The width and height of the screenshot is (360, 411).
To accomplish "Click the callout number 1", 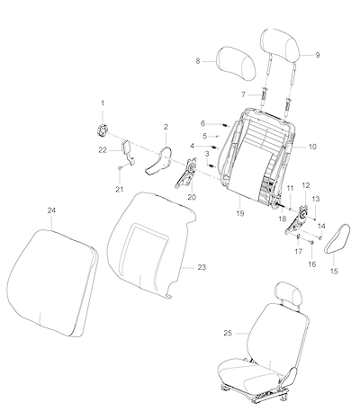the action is coord(103,103).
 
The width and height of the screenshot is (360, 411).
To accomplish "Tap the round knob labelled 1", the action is coord(103,130).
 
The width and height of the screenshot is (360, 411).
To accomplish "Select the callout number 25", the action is coord(228,333).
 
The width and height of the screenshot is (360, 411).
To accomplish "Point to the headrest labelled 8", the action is coord(236,64).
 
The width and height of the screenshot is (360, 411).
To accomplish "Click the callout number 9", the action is coord(318,55).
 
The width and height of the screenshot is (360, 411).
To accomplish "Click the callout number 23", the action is coord(202,267).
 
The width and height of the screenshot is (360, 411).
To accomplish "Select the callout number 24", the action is coord(51,210).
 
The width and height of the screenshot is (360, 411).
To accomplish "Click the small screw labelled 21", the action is coord(120,168).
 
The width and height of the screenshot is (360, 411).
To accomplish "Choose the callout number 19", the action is coord(240,213).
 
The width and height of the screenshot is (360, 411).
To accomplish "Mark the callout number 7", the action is coord(244,94).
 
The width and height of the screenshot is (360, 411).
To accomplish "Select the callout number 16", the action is coord(312,264).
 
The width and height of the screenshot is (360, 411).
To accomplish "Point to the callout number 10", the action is coord(312,147).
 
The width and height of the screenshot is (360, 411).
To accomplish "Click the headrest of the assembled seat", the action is coord(289,295).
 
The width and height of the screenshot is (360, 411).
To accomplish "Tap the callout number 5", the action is coord(204,136).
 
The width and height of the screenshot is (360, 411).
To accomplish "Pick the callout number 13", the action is coord(316,199).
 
